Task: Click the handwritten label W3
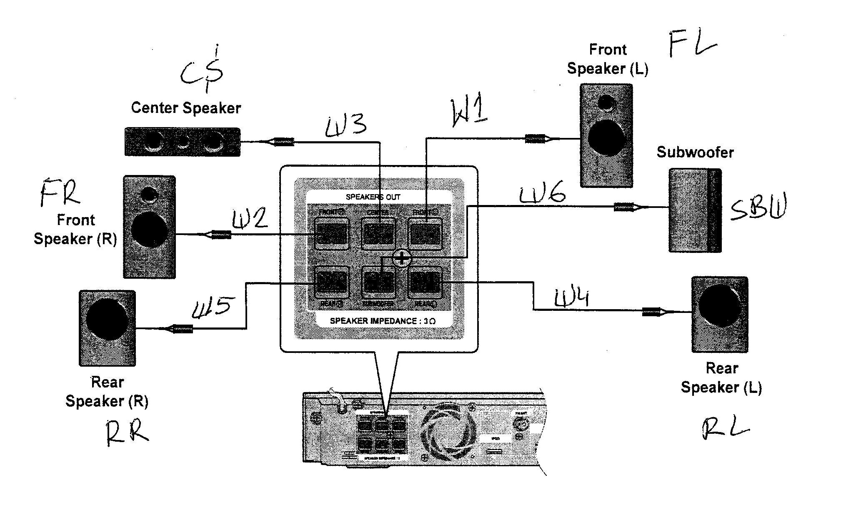pos(346,125)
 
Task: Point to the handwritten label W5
pos(211,307)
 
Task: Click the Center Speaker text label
pos(186,108)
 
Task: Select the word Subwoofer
pos(695,152)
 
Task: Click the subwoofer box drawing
pos(695,210)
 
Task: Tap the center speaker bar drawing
pos(183,142)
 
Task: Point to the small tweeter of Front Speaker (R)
pos(149,193)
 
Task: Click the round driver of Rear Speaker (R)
pos(107,319)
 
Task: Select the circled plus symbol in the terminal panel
pos(402,258)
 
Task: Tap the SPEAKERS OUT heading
pos(373,197)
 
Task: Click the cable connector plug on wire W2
pos(221,235)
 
